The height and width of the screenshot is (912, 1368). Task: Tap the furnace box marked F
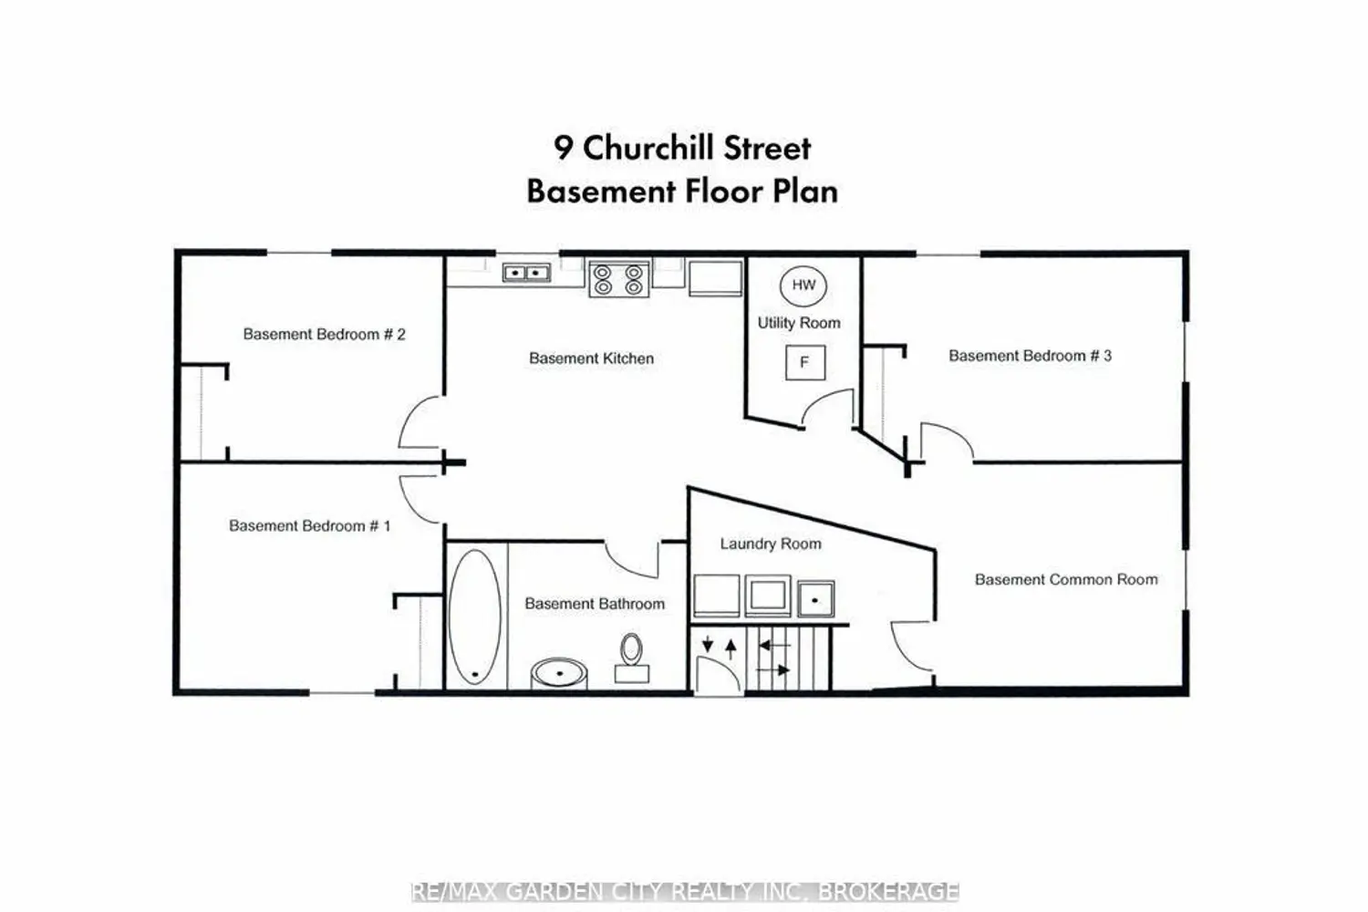(805, 362)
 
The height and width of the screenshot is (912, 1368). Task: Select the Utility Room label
(799, 323)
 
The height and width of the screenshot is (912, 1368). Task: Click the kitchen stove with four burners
(618, 278)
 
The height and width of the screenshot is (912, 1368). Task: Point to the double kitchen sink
(526, 273)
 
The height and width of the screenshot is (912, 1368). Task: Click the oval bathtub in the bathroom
(474, 617)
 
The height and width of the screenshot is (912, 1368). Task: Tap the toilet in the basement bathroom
(631, 658)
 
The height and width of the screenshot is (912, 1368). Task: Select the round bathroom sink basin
(559, 673)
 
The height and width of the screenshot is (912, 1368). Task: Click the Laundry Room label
(771, 544)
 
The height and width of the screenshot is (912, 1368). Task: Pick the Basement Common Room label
(1066, 580)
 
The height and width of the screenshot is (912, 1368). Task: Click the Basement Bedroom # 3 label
(1030, 356)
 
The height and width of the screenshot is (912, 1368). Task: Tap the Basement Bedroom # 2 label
(324, 334)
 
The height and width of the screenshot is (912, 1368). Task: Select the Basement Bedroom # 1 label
(310, 526)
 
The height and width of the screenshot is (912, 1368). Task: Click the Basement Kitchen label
(591, 358)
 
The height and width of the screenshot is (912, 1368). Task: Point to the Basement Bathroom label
(595, 604)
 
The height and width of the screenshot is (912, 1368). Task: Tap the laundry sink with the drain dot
(815, 598)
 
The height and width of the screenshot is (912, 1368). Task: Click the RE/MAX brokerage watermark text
(685, 892)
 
